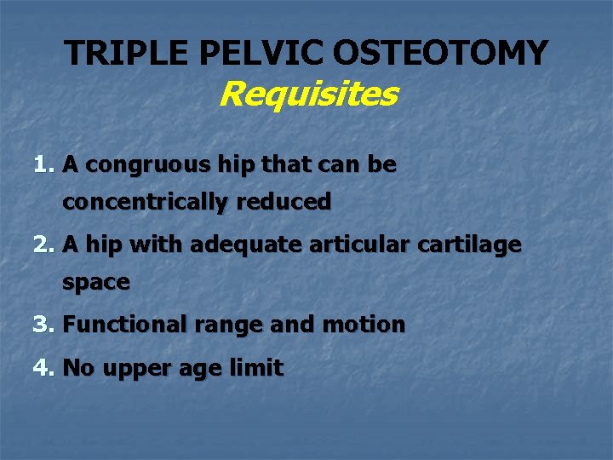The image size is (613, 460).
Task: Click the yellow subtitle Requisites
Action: pyautogui.click(x=307, y=94)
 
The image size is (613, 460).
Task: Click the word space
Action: pyautogui.click(x=95, y=283)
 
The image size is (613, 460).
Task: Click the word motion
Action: pyautogui.click(x=364, y=325)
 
